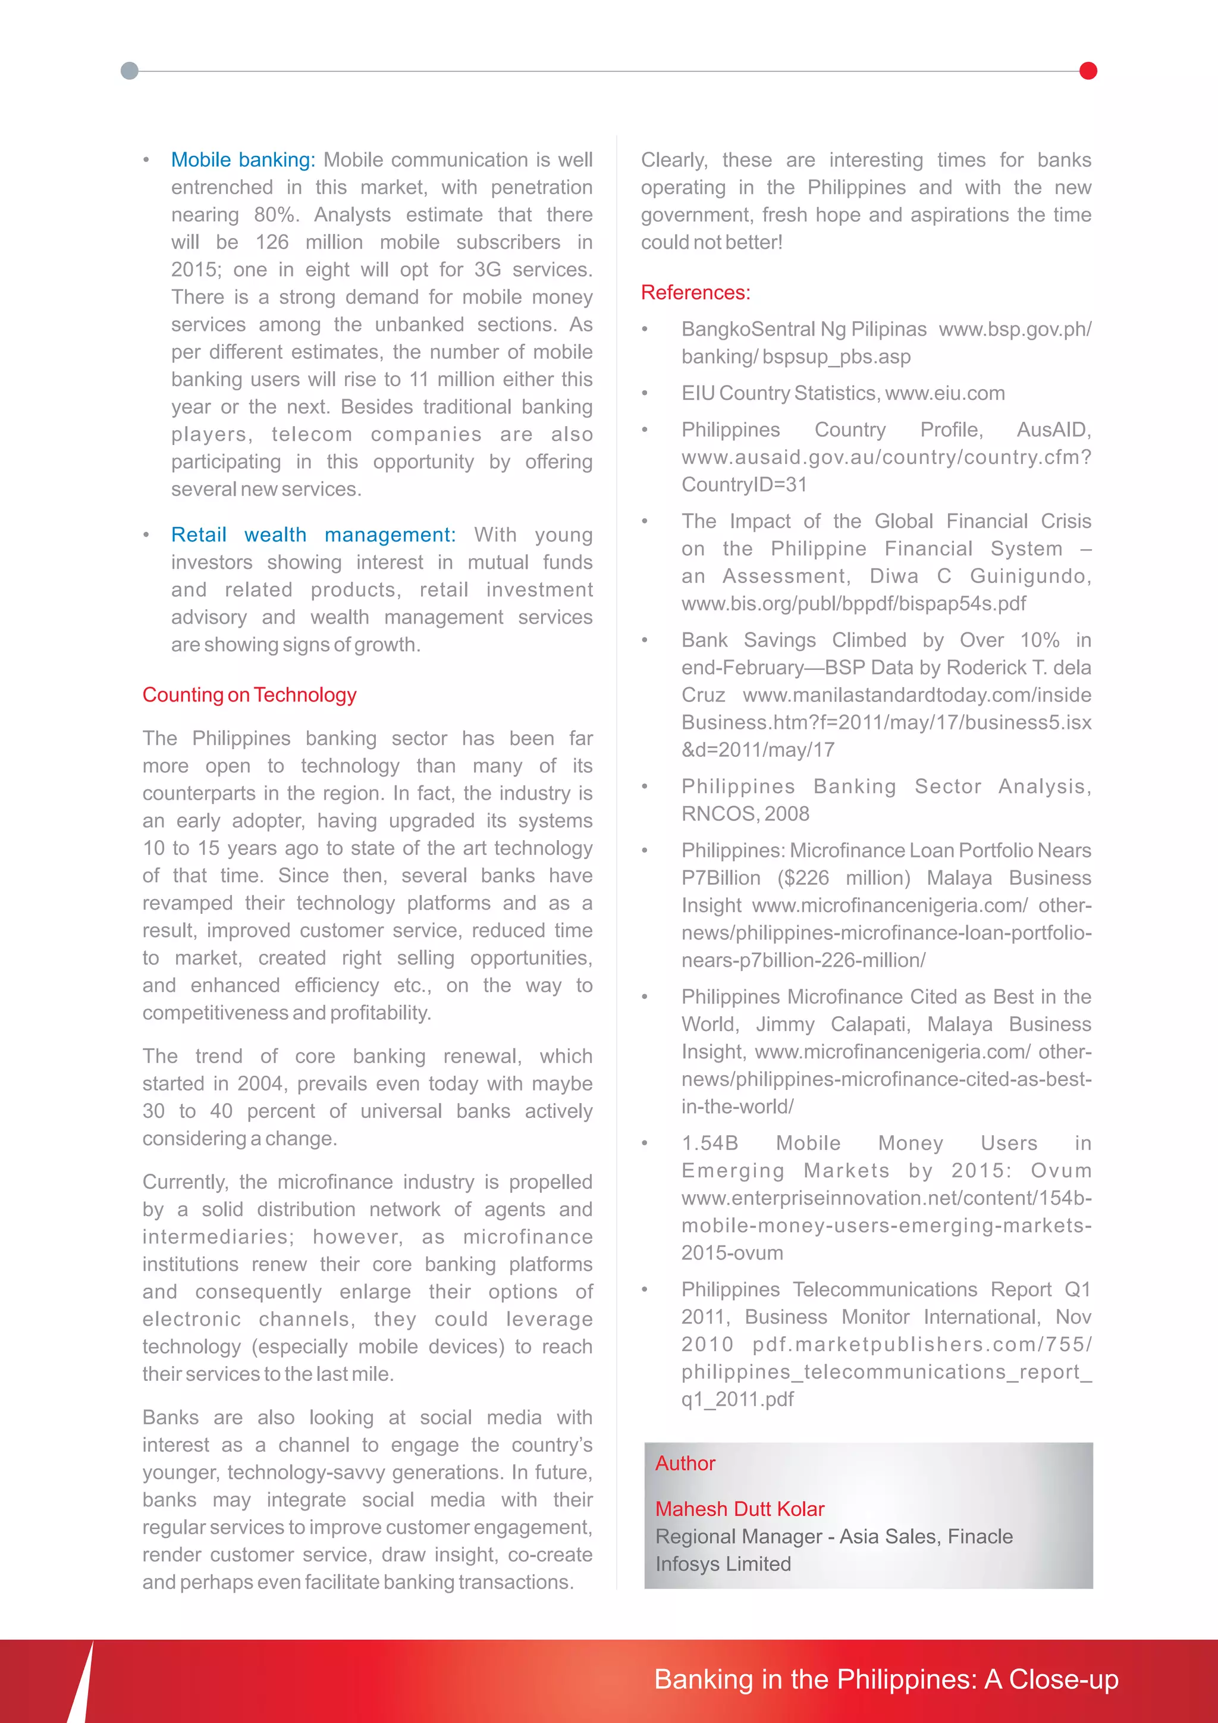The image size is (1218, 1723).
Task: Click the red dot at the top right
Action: tap(1088, 71)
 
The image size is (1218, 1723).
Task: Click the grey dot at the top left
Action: tap(130, 71)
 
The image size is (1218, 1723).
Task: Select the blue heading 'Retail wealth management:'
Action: tap(313, 534)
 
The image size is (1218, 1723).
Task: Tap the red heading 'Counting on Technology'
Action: tap(249, 695)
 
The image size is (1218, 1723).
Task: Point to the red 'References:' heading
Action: tap(695, 293)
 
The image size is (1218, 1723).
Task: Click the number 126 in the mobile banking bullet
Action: tap(272, 242)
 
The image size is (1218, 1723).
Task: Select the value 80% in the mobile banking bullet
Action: tap(275, 215)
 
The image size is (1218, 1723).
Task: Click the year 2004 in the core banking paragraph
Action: tap(259, 1083)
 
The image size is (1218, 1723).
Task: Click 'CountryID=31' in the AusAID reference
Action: tap(743, 485)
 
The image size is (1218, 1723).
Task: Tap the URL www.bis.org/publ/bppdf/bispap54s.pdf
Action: tap(853, 603)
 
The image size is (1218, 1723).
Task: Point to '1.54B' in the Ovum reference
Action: tap(710, 1143)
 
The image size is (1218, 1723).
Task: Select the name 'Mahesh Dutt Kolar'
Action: tap(739, 1509)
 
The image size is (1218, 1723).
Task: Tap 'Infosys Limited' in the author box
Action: tap(723, 1564)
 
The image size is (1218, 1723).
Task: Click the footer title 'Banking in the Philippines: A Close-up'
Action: tap(886, 1680)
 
